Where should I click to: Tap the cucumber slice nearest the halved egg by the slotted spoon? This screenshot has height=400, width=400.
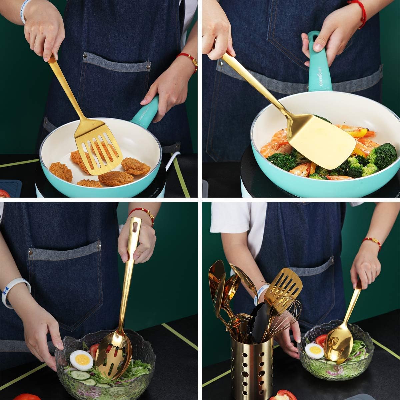[x=80, y=375]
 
